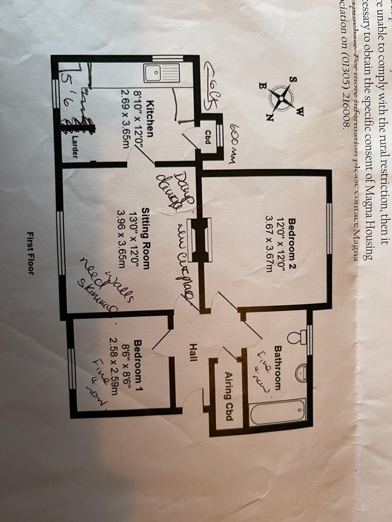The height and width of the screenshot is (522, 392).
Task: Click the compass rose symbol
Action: click(x=281, y=97)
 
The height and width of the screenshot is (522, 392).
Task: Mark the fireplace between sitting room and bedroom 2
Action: click(x=199, y=240)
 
